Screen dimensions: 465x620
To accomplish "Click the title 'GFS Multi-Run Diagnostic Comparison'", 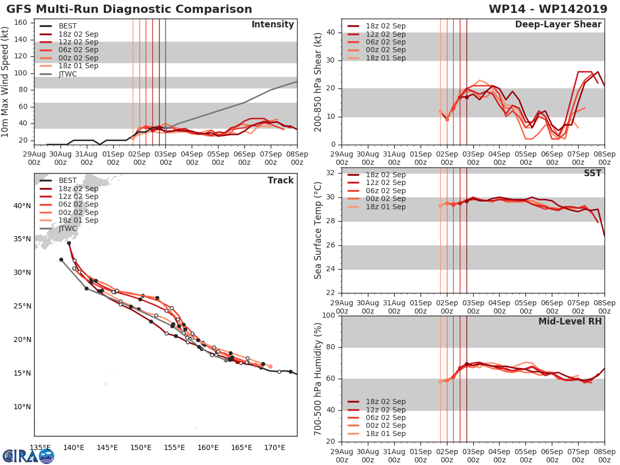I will [x=129, y=9].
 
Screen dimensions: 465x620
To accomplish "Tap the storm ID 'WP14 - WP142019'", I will [x=551, y=9].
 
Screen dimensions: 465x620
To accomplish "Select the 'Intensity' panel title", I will [x=272, y=25].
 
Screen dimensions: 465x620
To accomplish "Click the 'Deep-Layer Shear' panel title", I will [x=558, y=25].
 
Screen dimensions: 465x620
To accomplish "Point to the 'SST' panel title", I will [x=593, y=173].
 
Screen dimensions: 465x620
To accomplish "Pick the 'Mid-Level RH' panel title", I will [x=570, y=321].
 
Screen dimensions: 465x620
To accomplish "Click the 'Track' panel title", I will [x=281, y=180].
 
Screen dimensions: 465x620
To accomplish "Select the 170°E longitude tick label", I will [x=274, y=447].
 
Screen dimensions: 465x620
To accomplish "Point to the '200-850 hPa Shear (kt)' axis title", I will [x=318, y=82].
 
